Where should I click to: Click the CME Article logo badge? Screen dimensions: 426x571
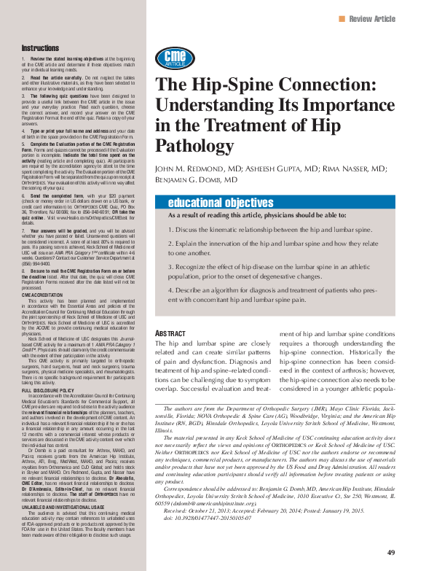tap(174, 58)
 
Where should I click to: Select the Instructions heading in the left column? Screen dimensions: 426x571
tap(40, 47)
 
